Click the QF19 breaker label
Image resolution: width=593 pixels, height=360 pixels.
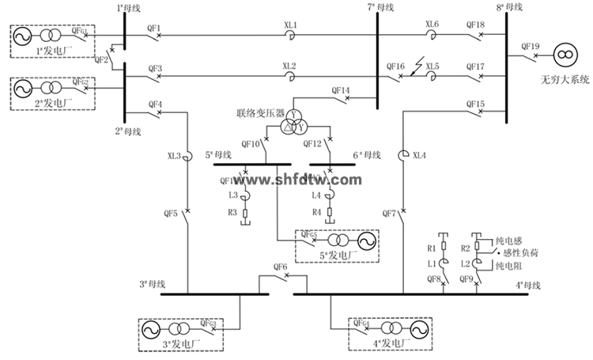coord(531,46)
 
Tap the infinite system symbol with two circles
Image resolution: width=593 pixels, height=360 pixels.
coord(564,55)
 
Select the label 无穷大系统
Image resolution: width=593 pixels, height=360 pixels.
coord(565,79)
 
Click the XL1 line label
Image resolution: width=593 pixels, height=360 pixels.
coord(290,25)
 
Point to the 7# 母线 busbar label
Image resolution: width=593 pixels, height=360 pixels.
coord(381,7)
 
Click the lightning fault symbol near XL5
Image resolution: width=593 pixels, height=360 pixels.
coord(417,61)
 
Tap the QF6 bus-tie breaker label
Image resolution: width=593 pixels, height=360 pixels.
coord(280,267)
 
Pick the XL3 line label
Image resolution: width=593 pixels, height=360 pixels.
coord(174,156)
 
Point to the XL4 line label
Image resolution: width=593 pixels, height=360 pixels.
coord(419,156)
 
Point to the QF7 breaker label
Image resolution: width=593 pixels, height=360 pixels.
coord(389,214)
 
